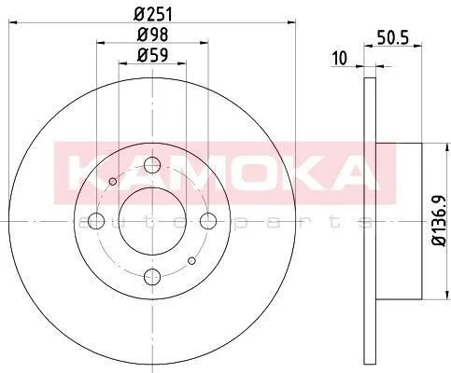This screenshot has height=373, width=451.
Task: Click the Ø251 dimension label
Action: click(152, 14)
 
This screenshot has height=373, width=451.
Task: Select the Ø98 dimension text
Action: click(152, 35)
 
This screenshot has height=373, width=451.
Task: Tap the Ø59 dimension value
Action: click(152, 55)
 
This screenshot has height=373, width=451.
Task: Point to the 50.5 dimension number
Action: click(392, 37)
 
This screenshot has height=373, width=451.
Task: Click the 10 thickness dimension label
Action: click(339, 58)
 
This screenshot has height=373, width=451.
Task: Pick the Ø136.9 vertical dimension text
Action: click(441, 221)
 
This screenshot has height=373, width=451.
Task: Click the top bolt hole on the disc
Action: click(152, 165)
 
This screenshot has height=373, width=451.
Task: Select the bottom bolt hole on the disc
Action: click(152, 277)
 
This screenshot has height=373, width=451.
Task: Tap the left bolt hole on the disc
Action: click(96, 221)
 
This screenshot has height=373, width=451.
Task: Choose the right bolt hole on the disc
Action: click(208, 221)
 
